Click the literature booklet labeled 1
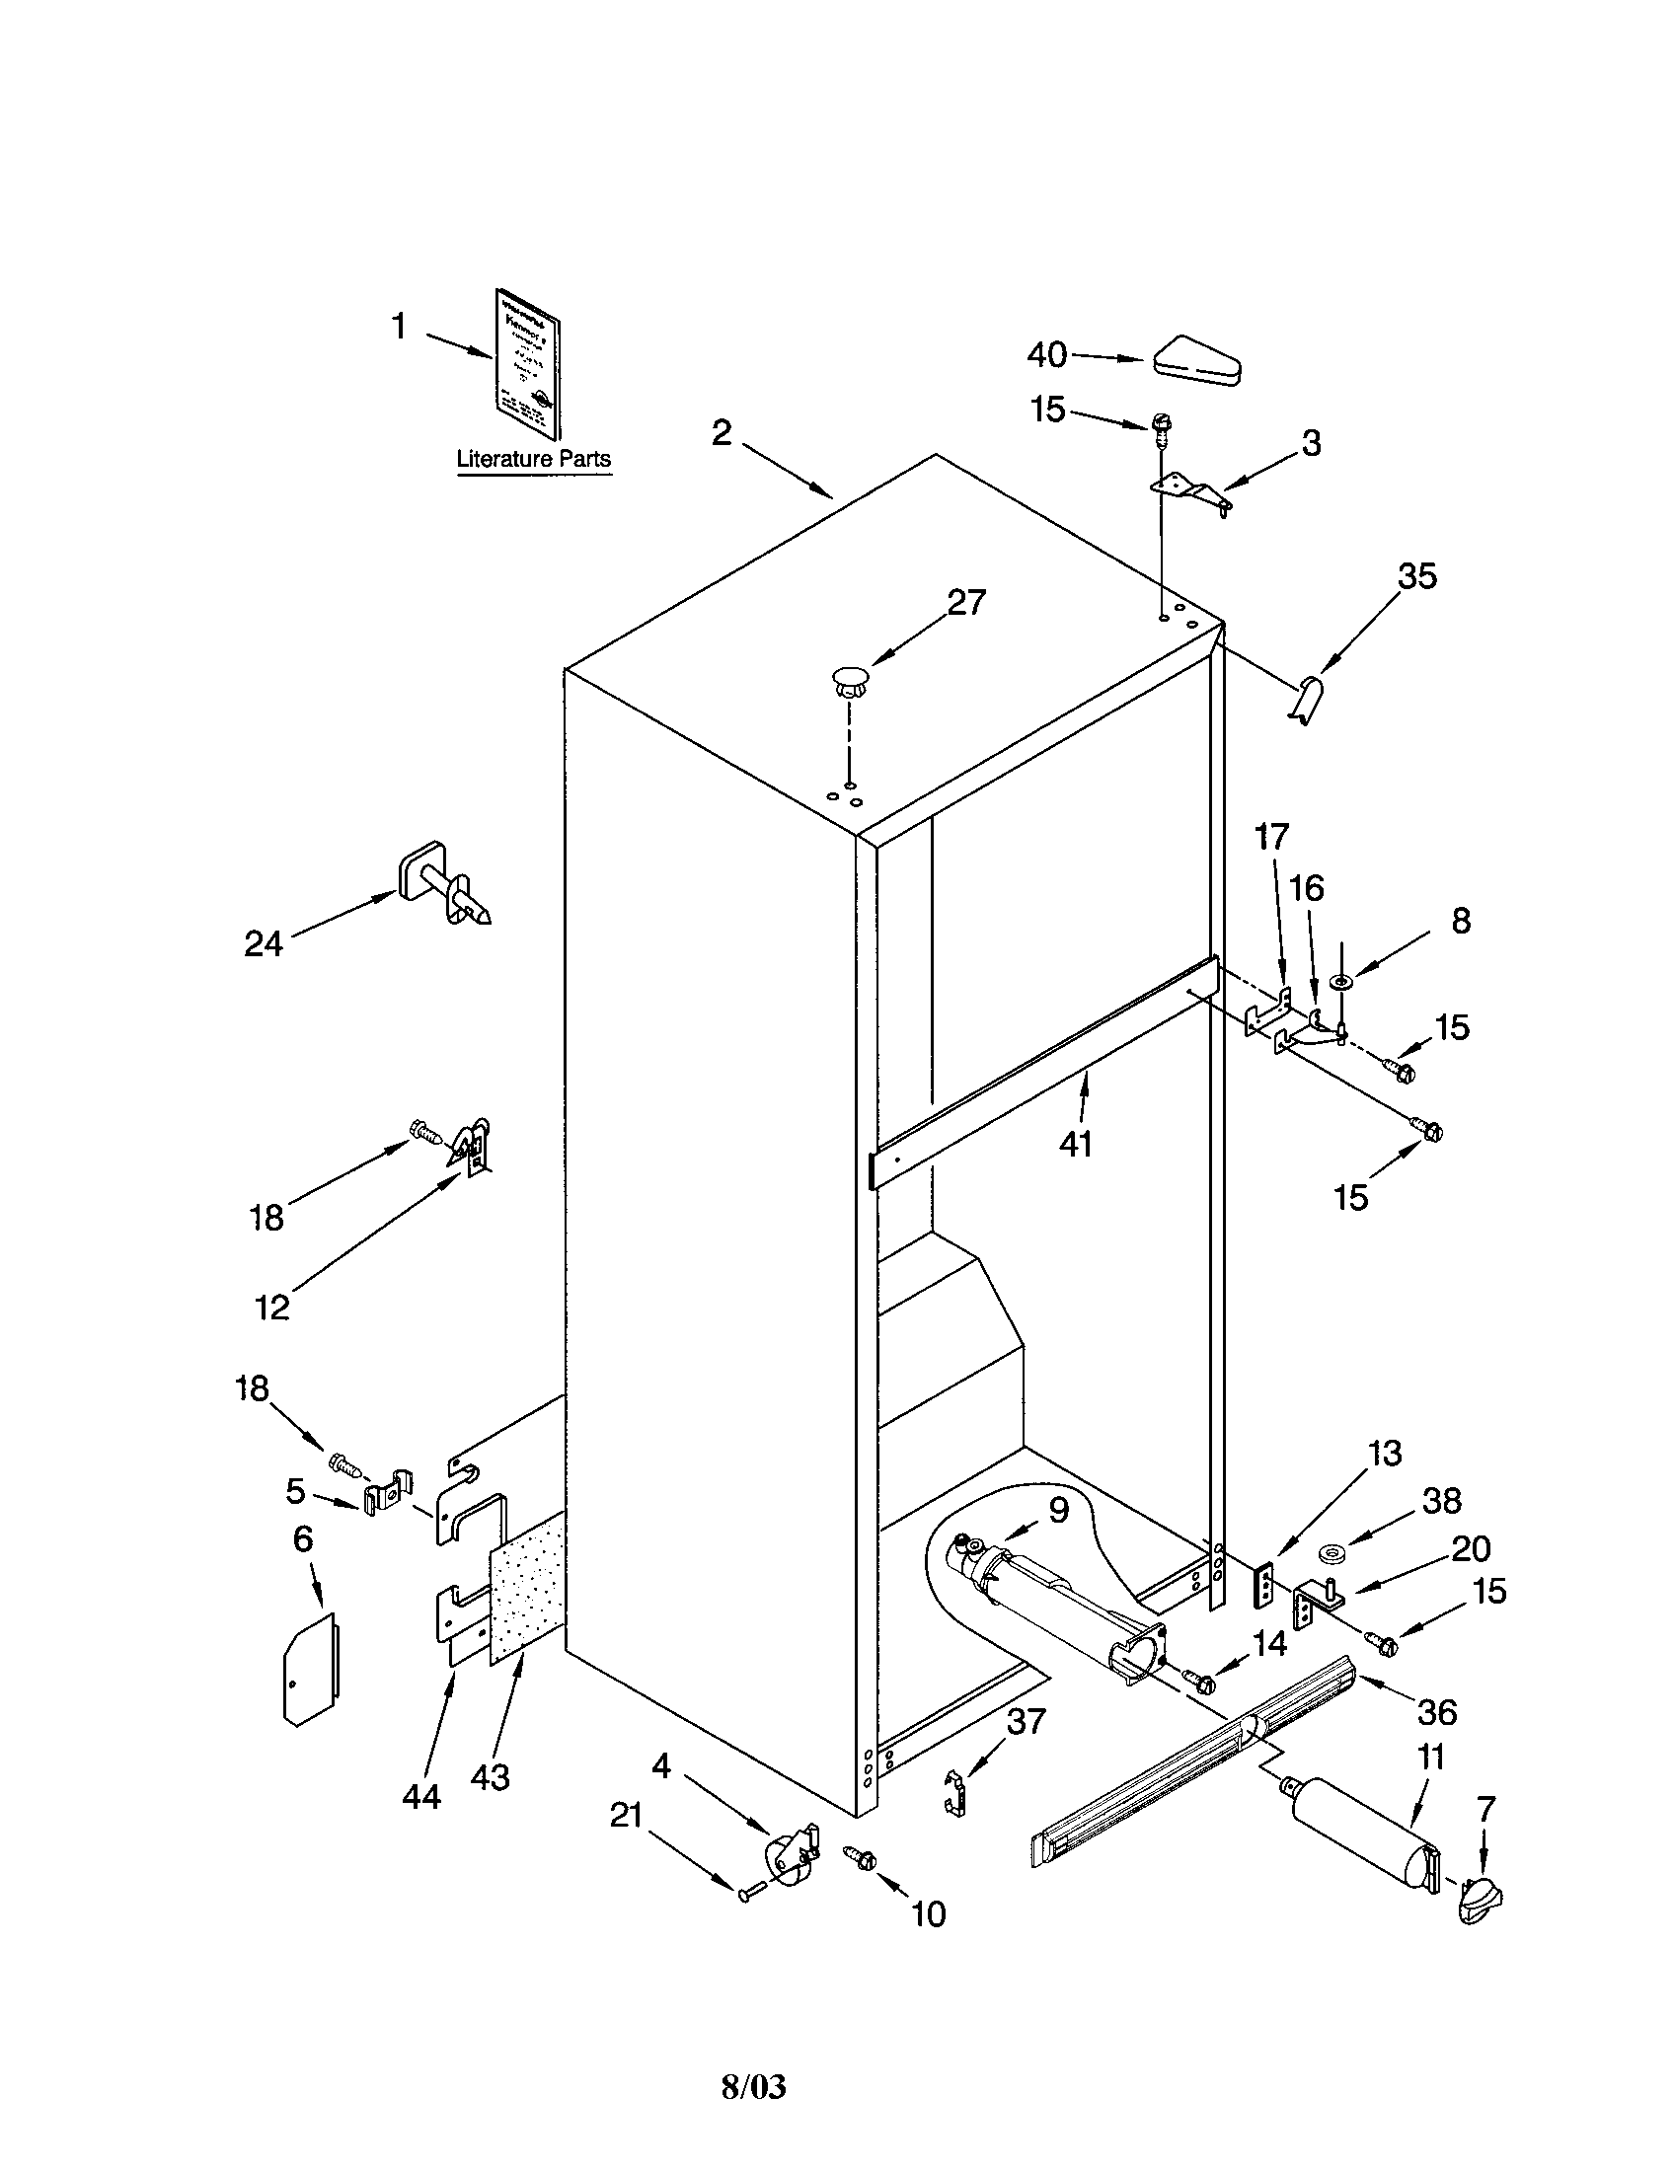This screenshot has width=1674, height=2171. pos(528,364)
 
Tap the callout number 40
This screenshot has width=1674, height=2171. pos(1047,354)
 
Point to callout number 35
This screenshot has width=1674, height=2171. pos(1417,576)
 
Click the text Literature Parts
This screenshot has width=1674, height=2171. pos(534,459)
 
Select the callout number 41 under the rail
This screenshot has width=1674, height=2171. pos(1076,1144)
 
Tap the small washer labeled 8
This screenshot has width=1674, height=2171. pos(1345,982)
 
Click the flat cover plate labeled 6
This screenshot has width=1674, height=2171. pos(308,1669)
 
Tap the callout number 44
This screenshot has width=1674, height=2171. pos(420,1795)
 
